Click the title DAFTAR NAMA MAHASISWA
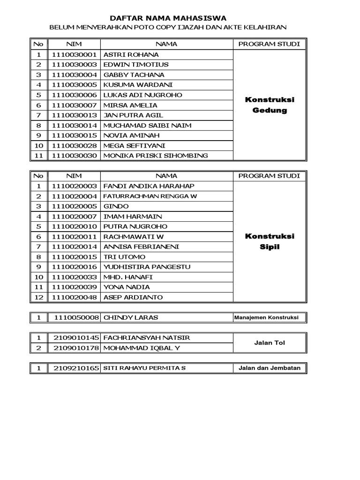[168, 18]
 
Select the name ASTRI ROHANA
[131, 54]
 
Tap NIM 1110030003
[75, 65]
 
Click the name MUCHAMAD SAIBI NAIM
[147, 126]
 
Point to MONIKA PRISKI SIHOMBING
[155, 156]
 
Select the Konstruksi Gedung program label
[270, 105]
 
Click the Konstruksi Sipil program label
[270, 241]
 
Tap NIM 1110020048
[75, 297]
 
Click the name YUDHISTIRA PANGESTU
[147, 267]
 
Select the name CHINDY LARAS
[131, 317]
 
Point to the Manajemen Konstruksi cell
[270, 318]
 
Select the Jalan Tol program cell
[270, 343]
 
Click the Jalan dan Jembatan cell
[270, 368]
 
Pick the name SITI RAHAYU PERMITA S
[144, 368]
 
